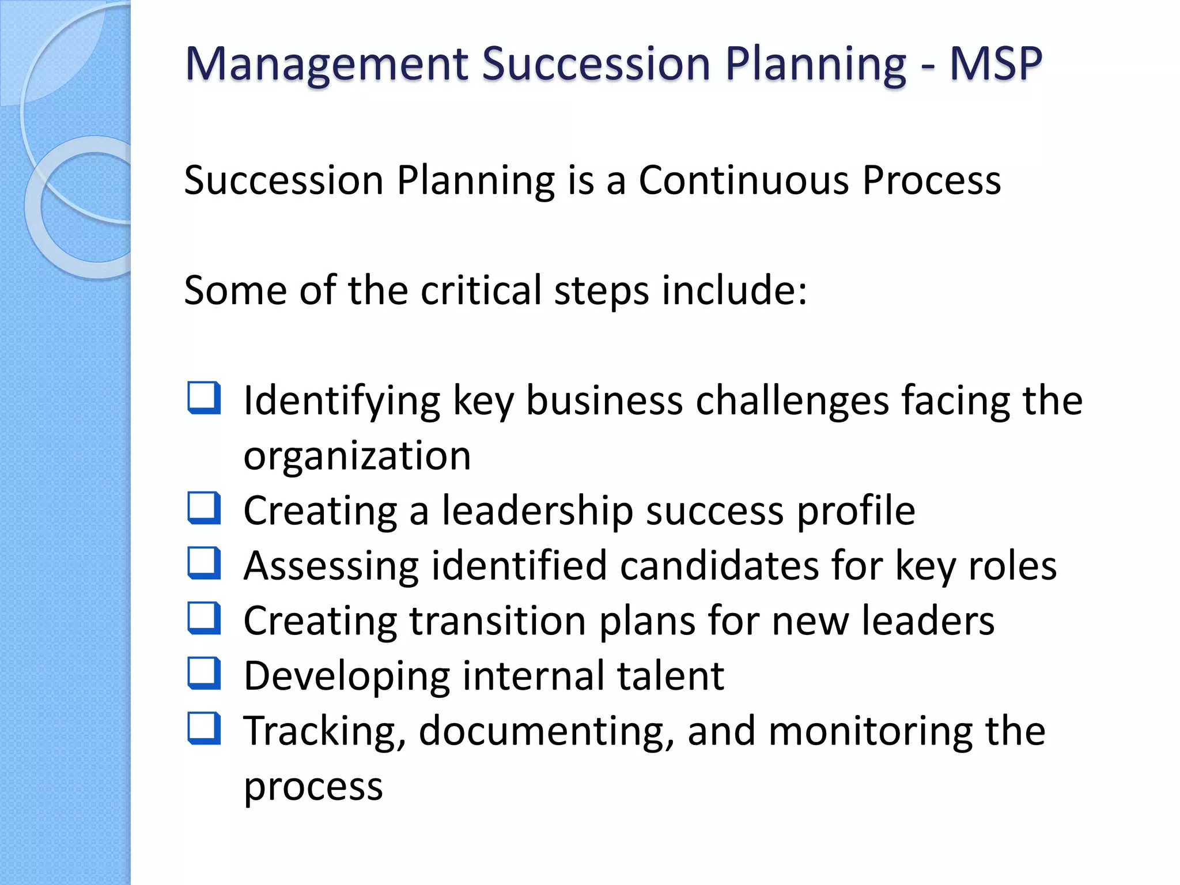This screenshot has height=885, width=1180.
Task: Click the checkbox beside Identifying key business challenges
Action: pos(205,398)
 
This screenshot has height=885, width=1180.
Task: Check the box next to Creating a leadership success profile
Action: pos(205,508)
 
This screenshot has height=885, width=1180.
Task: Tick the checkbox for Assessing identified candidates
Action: pos(205,563)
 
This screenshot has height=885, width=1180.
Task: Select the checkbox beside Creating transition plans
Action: pos(205,618)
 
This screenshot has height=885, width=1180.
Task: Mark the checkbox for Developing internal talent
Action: pos(205,674)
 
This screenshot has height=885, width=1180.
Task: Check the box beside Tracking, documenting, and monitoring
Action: pos(205,729)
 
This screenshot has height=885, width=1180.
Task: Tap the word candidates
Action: pos(719,566)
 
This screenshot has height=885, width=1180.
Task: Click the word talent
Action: pos(670,676)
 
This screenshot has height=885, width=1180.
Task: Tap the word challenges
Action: pos(792,400)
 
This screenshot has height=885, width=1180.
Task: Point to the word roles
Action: pos(1012,566)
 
